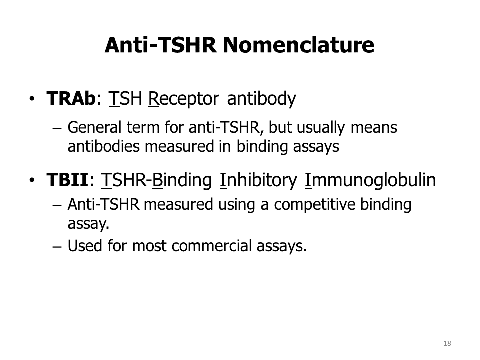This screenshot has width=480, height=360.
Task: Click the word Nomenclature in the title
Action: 298,45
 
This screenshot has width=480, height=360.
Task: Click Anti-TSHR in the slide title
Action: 160,45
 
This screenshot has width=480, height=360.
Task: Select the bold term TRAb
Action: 71,98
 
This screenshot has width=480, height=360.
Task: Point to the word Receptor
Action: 183,99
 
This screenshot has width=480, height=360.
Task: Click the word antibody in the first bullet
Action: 261,99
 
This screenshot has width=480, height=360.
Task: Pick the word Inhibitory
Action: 258,180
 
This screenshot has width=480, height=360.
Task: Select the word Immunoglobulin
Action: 370,180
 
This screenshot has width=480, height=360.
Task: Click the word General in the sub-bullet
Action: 95,127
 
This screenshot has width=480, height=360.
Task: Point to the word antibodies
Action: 104,146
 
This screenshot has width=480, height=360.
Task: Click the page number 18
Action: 447,343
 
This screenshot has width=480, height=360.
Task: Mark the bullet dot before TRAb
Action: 32,99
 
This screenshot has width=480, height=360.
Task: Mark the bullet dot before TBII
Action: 32,180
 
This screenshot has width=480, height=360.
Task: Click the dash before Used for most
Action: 57,247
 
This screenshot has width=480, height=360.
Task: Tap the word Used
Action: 85,246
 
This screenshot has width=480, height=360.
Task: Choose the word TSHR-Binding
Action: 156,180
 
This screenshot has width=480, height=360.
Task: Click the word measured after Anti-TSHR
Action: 178,204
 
